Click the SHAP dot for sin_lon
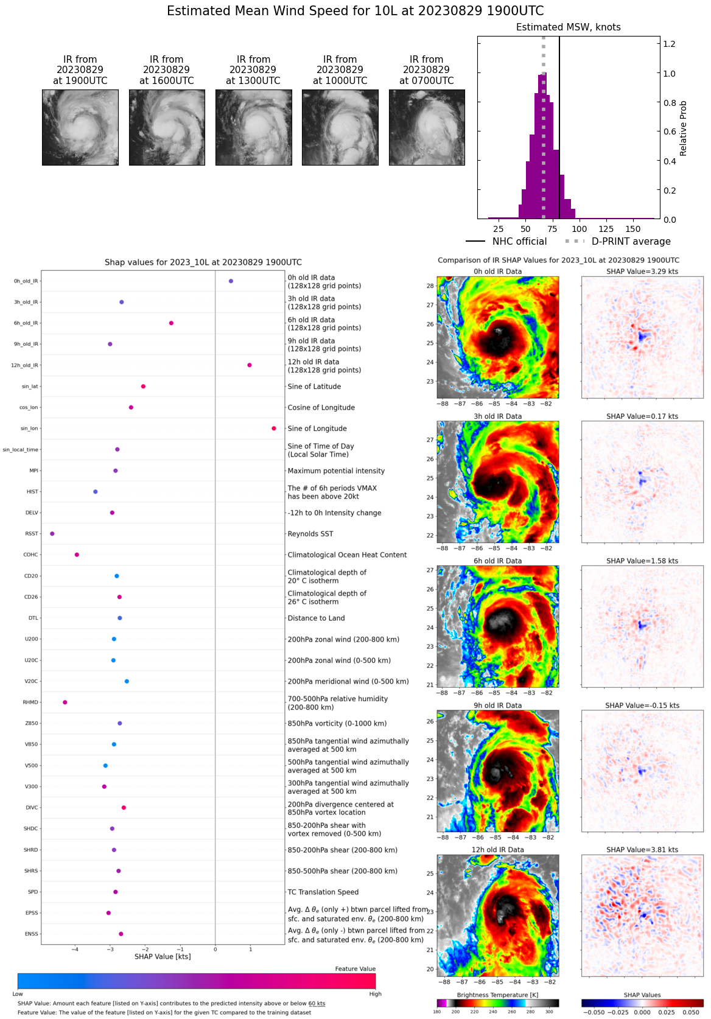(x=274, y=429)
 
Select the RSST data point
(x=52, y=534)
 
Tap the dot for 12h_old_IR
(x=250, y=365)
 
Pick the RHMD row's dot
(x=65, y=702)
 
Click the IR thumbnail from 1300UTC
(x=253, y=127)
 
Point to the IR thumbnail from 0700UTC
(x=427, y=127)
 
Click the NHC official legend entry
(x=507, y=242)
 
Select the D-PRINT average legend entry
(x=618, y=242)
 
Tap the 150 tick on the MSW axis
(x=633, y=229)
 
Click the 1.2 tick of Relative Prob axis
(x=670, y=44)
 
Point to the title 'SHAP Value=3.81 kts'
(x=642, y=850)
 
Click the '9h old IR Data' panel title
(x=497, y=706)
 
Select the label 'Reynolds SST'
(x=310, y=534)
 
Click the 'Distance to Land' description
(x=316, y=618)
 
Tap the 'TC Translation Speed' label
(x=323, y=892)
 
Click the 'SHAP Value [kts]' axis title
(x=163, y=957)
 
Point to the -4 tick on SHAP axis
(x=75, y=949)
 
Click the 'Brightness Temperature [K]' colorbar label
(x=497, y=995)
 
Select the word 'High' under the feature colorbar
(x=375, y=994)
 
